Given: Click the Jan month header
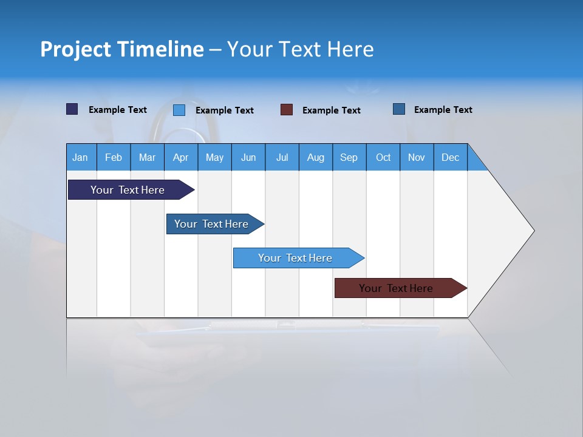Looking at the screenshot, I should [x=81, y=157].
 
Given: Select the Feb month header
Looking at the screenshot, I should [x=114, y=157].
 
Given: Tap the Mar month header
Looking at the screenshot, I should [x=147, y=157].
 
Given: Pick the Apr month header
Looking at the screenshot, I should [x=181, y=157].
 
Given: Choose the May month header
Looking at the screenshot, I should [x=214, y=157].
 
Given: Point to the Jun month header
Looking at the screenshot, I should [x=248, y=157].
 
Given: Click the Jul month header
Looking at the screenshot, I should [x=282, y=157].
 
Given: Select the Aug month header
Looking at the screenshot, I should [x=316, y=157].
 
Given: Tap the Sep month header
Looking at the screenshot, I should [x=349, y=157].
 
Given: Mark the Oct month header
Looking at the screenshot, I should [x=383, y=157].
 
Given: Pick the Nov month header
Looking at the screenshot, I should [x=417, y=157].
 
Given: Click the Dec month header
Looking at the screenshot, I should [x=451, y=157].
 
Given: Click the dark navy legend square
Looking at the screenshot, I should [x=72, y=109].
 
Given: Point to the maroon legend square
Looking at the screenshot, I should [x=287, y=110].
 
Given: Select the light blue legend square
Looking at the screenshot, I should [x=179, y=110].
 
